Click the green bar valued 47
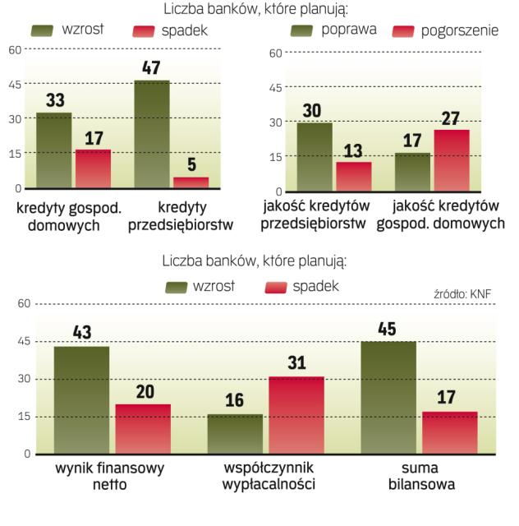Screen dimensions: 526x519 (x=152, y=135)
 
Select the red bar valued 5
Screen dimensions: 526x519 (x=191, y=182)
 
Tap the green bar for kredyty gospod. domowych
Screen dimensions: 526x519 (x=53, y=150)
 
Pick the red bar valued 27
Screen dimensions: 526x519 (x=452, y=160)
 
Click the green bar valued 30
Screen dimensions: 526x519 (x=315, y=157)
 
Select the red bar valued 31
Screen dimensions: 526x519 (x=296, y=415)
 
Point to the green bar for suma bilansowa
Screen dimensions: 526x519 (x=388, y=398)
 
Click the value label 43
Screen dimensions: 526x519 (x=81, y=333)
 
